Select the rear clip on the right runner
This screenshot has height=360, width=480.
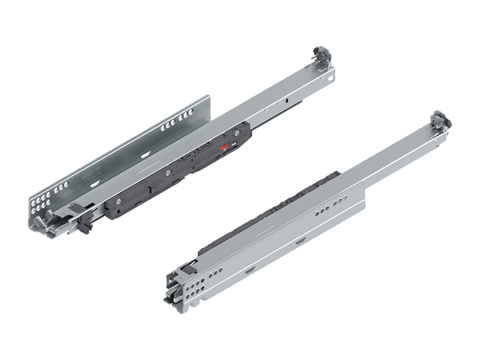tap(439, 120)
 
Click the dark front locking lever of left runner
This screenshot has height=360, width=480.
tap(84, 223)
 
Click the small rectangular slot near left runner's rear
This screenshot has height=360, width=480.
tap(288, 100)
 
